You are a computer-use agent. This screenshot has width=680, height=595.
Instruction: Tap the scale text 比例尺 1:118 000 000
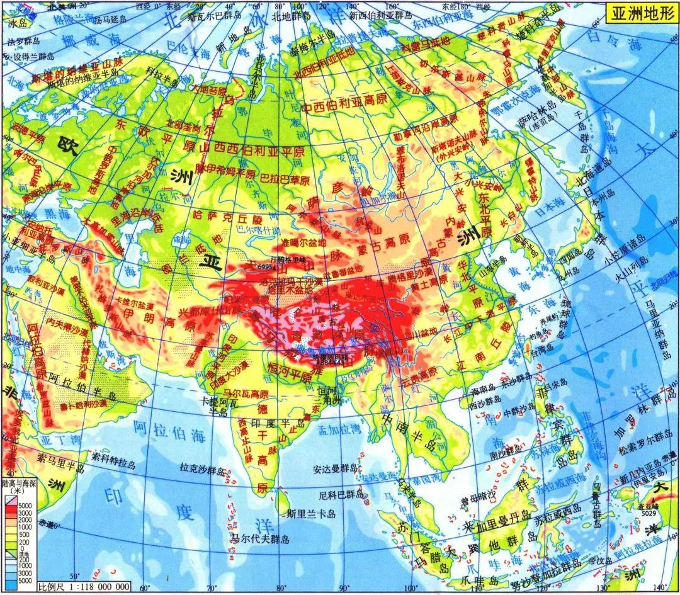click(x=84, y=587)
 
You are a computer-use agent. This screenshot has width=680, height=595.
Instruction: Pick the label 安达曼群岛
click(x=336, y=468)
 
